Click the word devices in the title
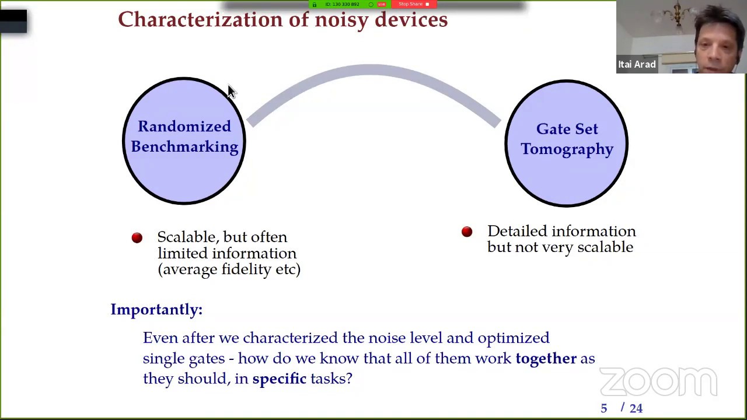411,19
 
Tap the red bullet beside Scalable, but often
137,237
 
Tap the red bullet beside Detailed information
467,232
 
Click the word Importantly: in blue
156,309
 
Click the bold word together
546,358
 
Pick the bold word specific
279,379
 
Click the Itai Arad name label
637,64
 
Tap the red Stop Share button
413,4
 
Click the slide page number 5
604,408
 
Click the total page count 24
636,408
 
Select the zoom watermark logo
658,382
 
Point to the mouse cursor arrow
231,91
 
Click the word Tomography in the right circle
567,149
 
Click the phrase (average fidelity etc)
229,269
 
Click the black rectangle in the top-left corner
13,21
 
